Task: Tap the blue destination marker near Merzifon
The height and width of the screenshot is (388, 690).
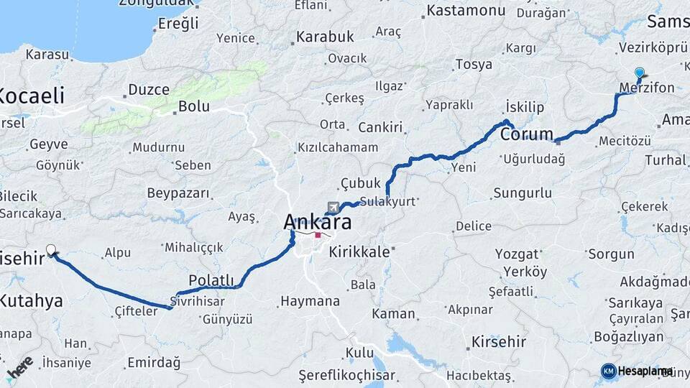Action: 640,73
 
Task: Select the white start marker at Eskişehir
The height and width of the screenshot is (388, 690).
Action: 51,250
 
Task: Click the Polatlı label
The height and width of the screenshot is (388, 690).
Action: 211,280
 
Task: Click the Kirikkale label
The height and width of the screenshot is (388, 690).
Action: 359,252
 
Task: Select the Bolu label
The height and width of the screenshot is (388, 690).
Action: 193,106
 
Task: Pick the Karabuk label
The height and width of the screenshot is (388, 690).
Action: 326,36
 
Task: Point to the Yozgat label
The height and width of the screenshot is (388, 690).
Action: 517,254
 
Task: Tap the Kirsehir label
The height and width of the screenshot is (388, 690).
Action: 499,341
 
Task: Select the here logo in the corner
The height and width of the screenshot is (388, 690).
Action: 19,366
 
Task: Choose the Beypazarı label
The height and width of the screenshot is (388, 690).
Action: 178,193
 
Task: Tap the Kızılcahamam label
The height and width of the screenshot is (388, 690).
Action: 337,147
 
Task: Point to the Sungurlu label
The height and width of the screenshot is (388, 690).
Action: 523,193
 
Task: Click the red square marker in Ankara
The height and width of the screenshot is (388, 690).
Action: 318,235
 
